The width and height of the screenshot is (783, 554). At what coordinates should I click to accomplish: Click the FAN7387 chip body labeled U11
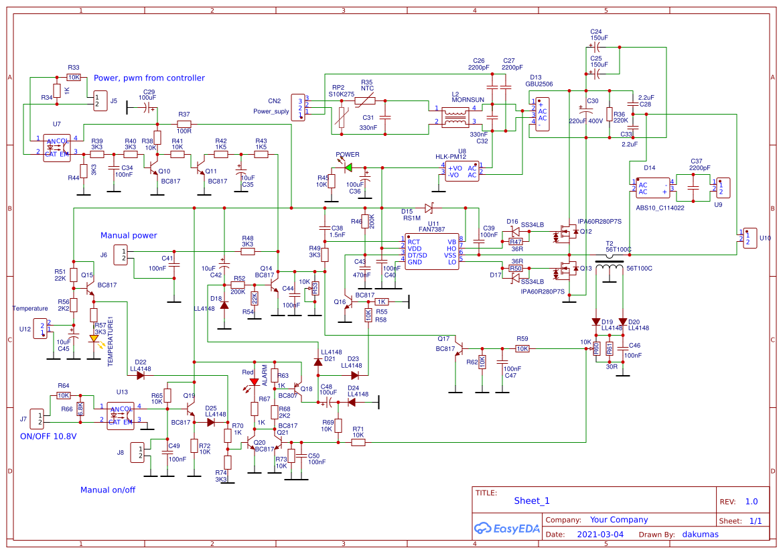coord(432,252)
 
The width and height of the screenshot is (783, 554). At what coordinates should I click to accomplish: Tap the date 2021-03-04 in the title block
coord(599,535)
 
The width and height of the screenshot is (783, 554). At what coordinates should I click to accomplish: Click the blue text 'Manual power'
coord(129,235)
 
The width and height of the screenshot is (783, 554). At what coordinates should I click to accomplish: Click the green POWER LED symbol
coord(348,167)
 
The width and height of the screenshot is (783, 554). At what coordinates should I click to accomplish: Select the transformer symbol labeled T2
coord(609,271)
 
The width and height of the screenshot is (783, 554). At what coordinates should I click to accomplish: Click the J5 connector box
coord(100,100)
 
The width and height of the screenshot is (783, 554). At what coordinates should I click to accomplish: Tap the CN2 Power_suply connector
coord(298,107)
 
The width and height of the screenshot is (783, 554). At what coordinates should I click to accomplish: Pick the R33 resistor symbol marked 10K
coord(74,77)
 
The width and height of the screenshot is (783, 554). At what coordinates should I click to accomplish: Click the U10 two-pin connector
coord(750,238)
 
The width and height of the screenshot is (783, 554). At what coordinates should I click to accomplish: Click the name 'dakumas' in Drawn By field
coord(700,535)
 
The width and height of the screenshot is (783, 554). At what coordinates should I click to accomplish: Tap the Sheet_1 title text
coord(532,500)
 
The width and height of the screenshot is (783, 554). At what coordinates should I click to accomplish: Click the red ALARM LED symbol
coord(254,383)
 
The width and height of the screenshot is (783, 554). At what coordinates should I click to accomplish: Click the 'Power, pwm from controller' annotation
coord(149,78)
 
